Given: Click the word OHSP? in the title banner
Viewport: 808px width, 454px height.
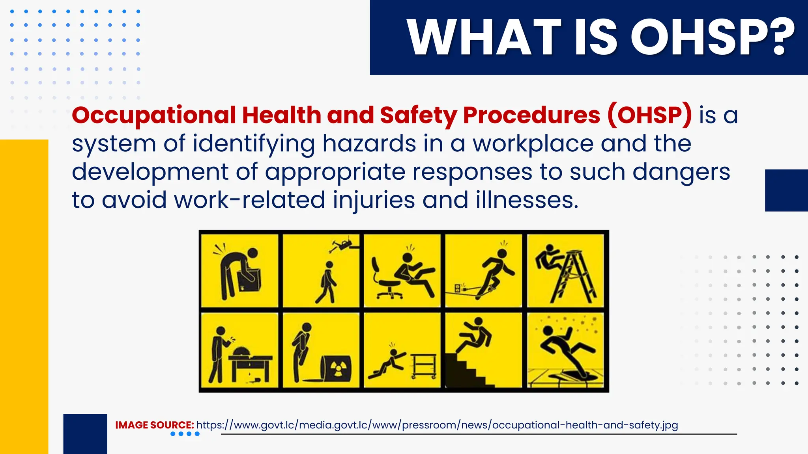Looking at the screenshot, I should tap(713, 37).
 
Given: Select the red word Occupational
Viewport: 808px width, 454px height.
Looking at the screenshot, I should tap(154, 115).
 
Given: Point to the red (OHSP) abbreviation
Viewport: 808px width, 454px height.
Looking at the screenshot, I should tap(649, 115).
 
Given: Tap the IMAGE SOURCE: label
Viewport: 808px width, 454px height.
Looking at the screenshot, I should tap(154, 425).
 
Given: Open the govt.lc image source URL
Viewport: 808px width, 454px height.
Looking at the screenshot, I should tap(437, 425).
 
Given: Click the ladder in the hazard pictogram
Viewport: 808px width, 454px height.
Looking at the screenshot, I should tap(574, 276).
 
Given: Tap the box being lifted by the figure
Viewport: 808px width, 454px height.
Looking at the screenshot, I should tap(249, 280).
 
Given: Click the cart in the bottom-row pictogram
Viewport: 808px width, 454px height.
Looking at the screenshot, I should tap(423, 366).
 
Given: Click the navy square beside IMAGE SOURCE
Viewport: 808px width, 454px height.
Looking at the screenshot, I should tap(85, 434).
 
